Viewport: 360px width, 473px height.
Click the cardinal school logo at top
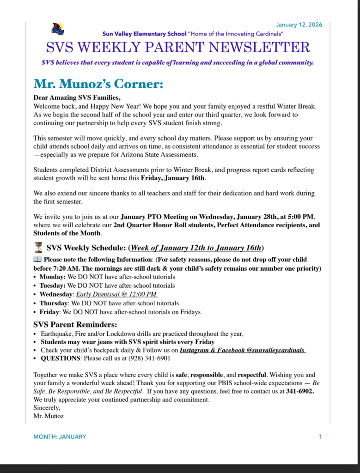[x=58, y=29]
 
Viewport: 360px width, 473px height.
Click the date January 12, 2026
[x=299, y=24]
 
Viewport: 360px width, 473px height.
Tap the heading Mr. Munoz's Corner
[x=98, y=85]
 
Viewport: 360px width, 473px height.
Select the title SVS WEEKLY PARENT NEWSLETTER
[x=178, y=47]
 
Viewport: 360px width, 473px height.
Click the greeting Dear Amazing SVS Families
[x=77, y=97]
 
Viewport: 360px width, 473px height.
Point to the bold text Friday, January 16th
[x=173, y=178]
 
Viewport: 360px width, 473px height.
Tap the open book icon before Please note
[x=37, y=260]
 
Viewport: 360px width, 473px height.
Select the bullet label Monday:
[x=53, y=277]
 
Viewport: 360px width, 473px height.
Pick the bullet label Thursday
[x=54, y=303]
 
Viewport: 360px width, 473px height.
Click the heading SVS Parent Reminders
[x=75, y=324]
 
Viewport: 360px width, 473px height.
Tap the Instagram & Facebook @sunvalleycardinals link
[x=242, y=350]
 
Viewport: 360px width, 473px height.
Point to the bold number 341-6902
[x=300, y=391]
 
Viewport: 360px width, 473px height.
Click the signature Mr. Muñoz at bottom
[x=49, y=416]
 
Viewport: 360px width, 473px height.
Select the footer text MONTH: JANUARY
[x=60, y=437]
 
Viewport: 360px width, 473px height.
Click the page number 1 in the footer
[x=320, y=437]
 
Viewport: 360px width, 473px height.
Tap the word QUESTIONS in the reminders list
[x=61, y=358]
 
